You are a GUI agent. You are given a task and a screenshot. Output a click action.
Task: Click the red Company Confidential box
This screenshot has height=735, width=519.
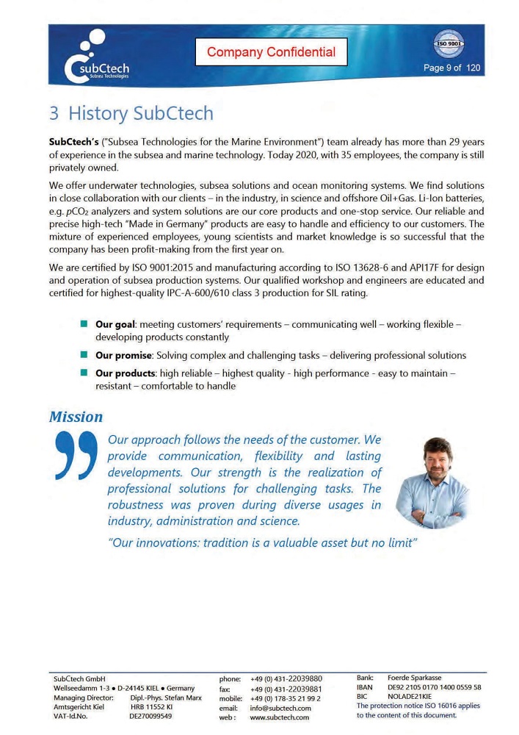pyautogui.click(x=271, y=52)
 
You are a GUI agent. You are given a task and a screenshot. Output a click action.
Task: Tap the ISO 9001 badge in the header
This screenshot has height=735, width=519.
pyautogui.click(x=449, y=43)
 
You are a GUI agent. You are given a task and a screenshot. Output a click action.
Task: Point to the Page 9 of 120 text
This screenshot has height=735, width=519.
pyautogui.click(x=452, y=68)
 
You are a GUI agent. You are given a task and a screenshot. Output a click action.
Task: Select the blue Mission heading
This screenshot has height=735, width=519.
pyautogui.click(x=76, y=417)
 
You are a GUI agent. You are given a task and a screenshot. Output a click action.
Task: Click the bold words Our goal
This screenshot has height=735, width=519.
pyautogui.click(x=116, y=324)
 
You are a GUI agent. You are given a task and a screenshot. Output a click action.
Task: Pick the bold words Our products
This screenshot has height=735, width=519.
pyautogui.click(x=126, y=373)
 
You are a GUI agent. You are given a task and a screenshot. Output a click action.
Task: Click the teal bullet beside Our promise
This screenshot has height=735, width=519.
pyautogui.click(x=84, y=355)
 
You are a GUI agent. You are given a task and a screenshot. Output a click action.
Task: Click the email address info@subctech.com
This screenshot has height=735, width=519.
pyautogui.click(x=281, y=708)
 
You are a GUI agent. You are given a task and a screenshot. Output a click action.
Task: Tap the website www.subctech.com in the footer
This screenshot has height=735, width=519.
pyautogui.click(x=280, y=717)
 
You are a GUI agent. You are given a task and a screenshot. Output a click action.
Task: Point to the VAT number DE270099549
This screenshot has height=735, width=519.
pyautogui.click(x=150, y=715)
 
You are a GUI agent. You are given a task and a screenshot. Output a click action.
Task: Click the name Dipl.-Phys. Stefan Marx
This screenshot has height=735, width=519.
pyautogui.click(x=165, y=697)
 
